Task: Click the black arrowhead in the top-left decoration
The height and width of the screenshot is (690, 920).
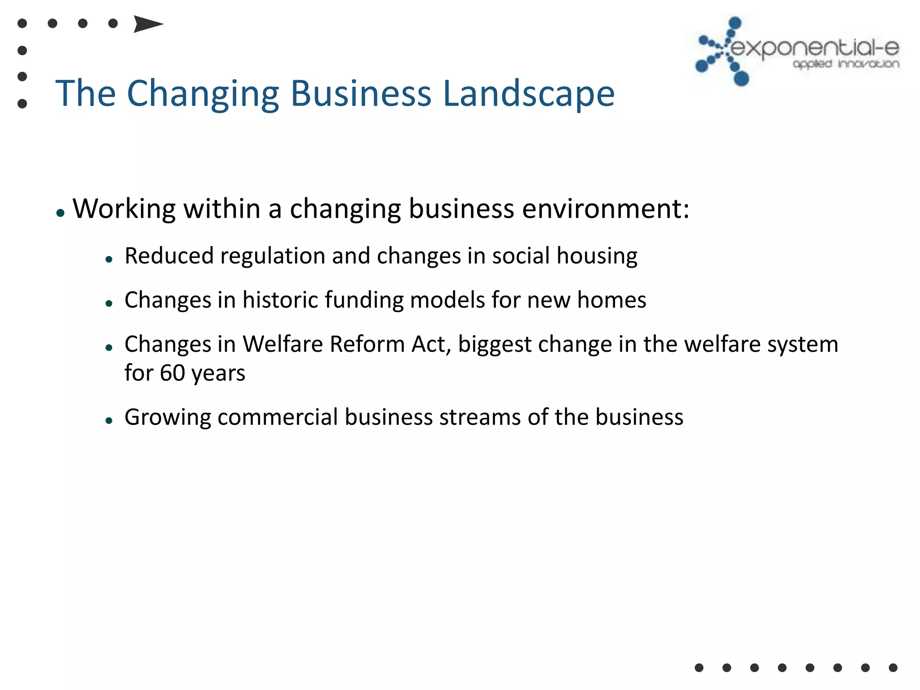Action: [148, 24]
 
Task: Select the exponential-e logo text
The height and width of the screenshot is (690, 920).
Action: [815, 48]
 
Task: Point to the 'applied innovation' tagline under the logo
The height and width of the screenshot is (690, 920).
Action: [846, 64]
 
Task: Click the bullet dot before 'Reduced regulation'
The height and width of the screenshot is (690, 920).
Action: [109, 259]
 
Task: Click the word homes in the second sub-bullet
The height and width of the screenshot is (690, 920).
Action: [611, 300]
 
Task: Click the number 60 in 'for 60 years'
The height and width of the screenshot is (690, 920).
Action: [172, 373]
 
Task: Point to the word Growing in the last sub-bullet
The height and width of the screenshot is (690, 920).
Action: [168, 417]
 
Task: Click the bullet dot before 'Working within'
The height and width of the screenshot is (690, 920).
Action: [61, 213]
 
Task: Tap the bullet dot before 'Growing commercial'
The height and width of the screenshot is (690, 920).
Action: [109, 421]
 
